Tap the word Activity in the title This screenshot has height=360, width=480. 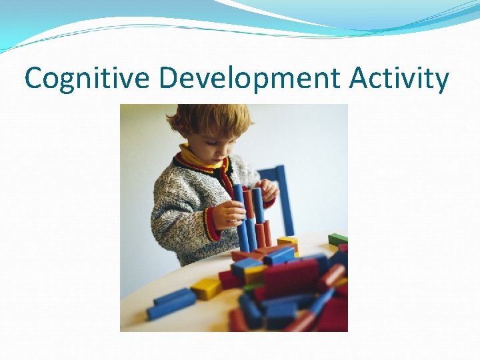pos(399,79)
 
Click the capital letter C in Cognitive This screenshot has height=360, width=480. pos(34,79)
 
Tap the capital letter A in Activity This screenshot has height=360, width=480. pos(359,79)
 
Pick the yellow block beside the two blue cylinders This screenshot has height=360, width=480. pos(207,288)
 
